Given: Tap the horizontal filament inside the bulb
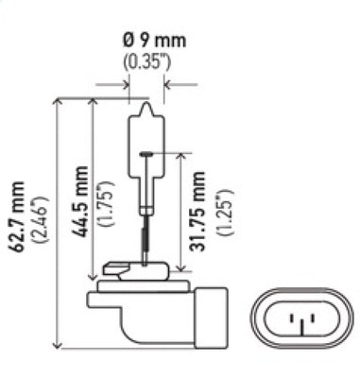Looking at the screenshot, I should point(147,152).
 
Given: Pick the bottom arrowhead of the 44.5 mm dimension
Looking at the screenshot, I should point(92,275).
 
